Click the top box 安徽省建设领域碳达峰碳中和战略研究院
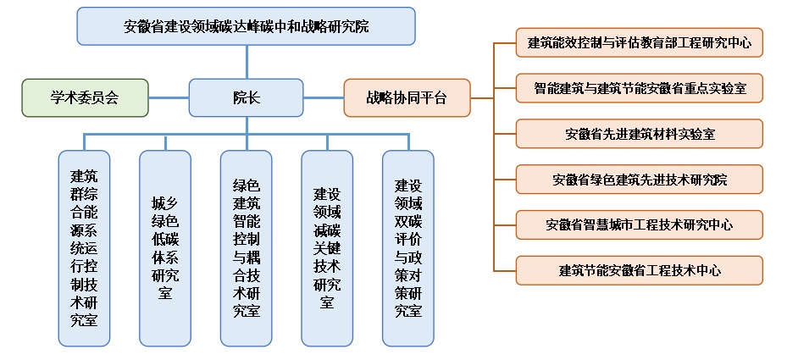(246, 26)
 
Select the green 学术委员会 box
(85, 97)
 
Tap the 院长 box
(246, 97)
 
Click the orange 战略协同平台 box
(407, 97)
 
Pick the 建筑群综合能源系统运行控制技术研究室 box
(84, 247)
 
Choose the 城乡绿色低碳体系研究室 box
(165, 247)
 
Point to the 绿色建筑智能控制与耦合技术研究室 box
(246, 247)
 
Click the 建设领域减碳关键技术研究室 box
(327, 247)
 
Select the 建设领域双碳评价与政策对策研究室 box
(407, 247)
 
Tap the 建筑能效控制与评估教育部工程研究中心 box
(640, 42)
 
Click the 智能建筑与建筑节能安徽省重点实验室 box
(640, 87)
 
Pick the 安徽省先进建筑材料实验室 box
(640, 133)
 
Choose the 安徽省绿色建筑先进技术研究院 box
(640, 179)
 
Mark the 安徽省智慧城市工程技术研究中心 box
(640, 224)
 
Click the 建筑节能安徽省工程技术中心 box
(640, 270)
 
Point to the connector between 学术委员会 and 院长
(169, 97)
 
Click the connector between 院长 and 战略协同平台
(323, 97)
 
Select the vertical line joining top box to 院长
(247, 62)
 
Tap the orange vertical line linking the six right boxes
(494, 157)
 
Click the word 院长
(247, 97)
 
